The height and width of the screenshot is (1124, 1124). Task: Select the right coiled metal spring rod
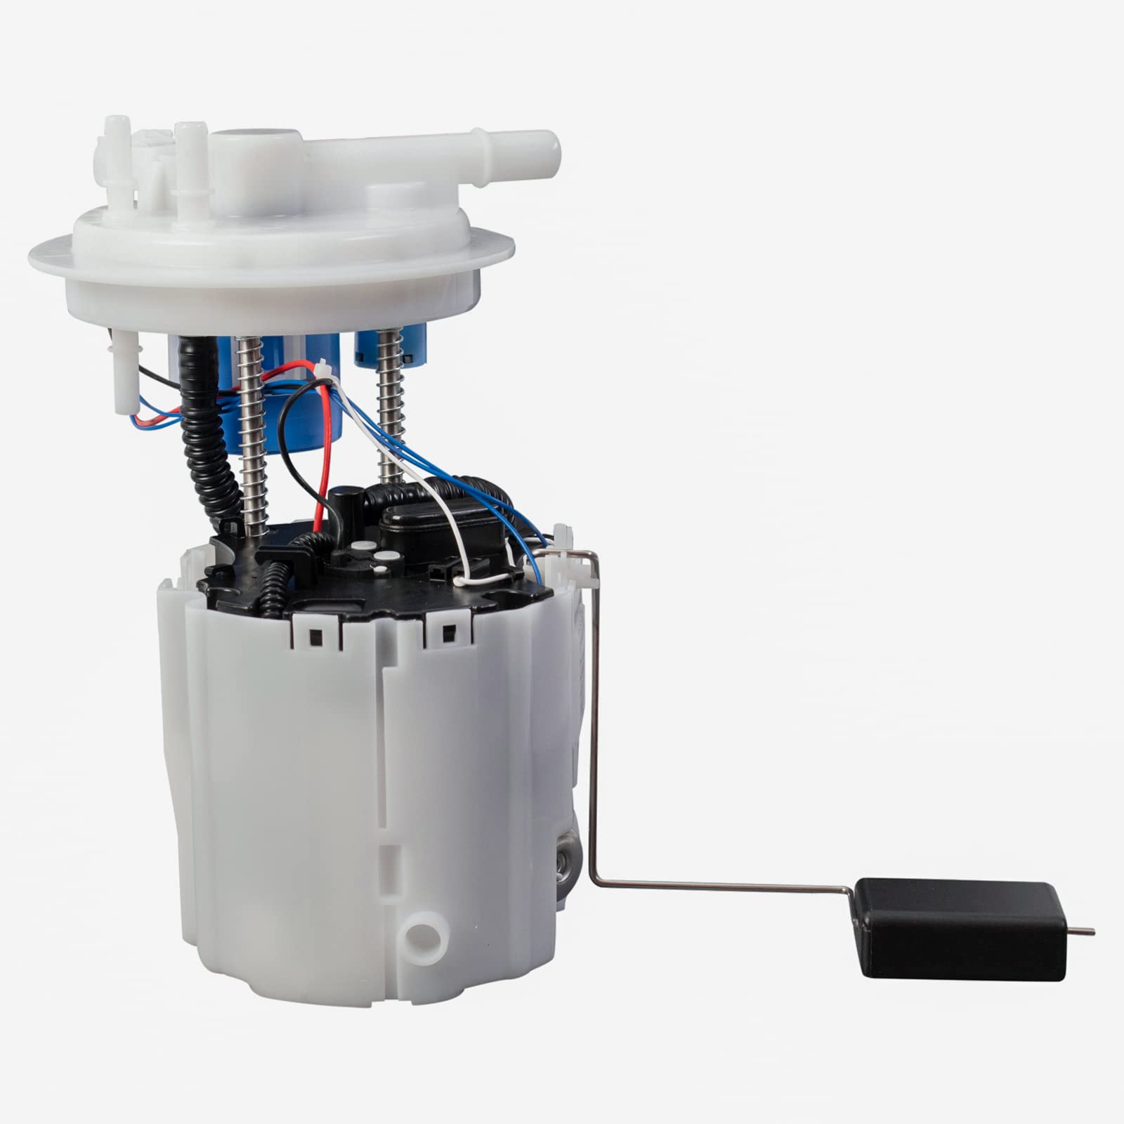click(x=388, y=407)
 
